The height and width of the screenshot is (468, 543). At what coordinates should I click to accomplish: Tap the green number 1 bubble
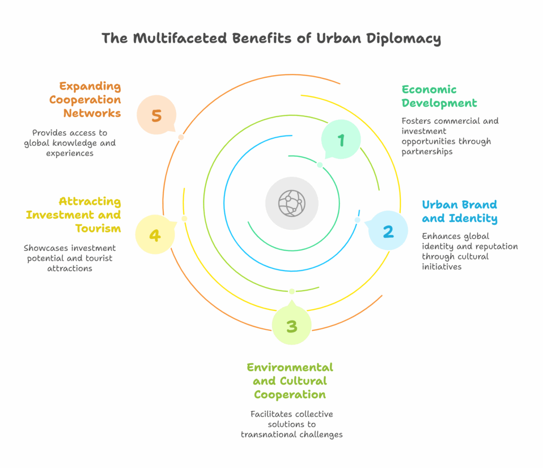click(341, 139)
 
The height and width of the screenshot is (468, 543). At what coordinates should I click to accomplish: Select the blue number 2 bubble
click(388, 231)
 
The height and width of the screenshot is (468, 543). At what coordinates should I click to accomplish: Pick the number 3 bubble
click(291, 326)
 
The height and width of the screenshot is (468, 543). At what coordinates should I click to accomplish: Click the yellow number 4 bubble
click(154, 235)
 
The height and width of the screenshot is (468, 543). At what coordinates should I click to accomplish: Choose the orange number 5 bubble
click(156, 115)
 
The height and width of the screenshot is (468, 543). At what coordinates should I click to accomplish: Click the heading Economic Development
click(439, 96)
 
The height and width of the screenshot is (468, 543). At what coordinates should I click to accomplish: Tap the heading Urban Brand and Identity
click(459, 211)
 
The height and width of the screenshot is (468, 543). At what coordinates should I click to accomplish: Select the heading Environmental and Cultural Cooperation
click(290, 381)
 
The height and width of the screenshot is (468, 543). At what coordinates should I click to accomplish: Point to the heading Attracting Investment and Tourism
click(74, 214)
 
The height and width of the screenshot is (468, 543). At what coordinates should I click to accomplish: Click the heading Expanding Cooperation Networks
click(90, 100)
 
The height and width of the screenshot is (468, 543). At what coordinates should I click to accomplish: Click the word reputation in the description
click(496, 246)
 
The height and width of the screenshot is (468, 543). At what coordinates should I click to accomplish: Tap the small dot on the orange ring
click(181, 137)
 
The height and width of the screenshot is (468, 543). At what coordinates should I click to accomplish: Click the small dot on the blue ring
click(357, 220)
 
